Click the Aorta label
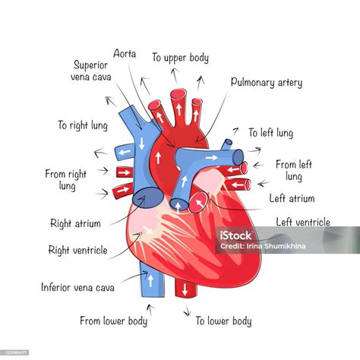point(125,54)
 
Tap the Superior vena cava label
point(91,71)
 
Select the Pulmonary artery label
point(267,83)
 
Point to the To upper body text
point(181,58)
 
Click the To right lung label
point(83,125)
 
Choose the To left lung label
point(271,133)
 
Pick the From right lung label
point(66,180)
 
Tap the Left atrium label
point(292,198)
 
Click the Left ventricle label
point(303,222)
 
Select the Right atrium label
point(75,223)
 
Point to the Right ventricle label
point(78,251)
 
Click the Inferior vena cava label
point(77,287)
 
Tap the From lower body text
point(114,321)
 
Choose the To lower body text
point(223,321)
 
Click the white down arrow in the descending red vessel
point(185,289)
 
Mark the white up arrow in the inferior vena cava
point(150,281)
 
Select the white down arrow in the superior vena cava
point(141,144)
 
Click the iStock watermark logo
point(235,235)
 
